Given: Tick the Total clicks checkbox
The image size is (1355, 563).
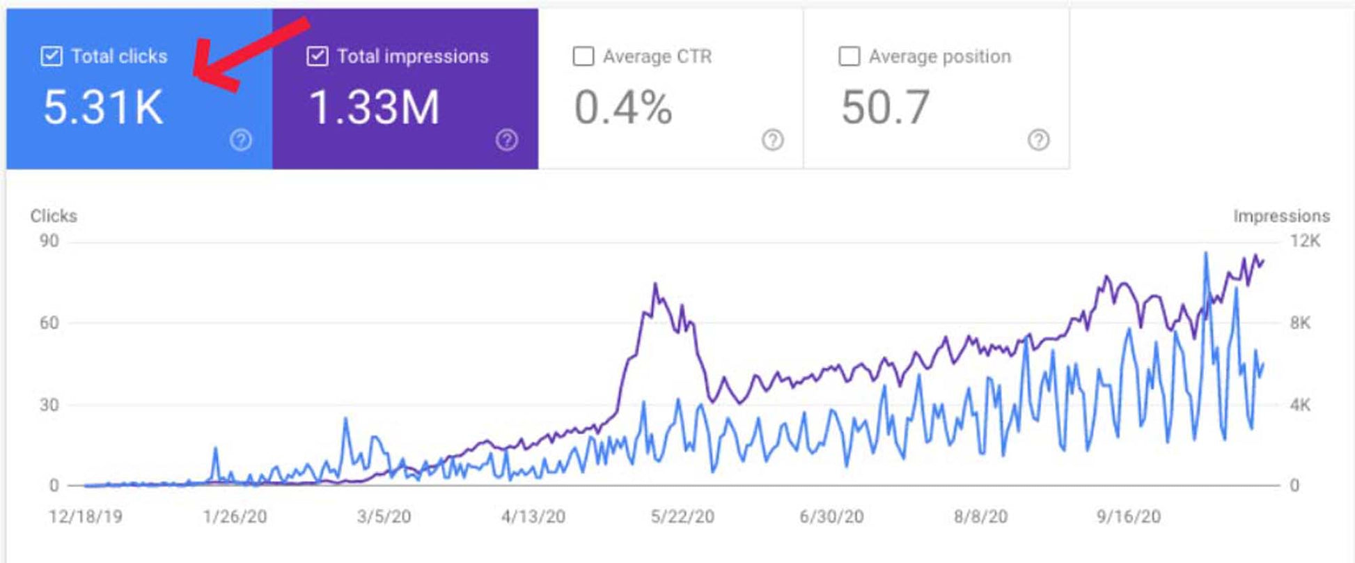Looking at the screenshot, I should (52, 56).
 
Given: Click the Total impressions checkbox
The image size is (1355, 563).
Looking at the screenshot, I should (318, 56).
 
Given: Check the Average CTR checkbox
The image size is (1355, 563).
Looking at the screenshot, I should (583, 56).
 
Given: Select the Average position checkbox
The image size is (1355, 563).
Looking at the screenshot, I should (849, 56).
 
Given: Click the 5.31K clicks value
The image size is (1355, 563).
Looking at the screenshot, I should (103, 108).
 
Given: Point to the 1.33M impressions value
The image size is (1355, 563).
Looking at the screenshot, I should (374, 108).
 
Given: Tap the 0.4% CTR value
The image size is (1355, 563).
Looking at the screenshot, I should (623, 108).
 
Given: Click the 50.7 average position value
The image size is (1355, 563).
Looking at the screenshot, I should (885, 108).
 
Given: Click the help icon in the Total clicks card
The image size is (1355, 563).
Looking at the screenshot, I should (241, 140).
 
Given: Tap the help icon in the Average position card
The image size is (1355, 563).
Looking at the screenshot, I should (1038, 140).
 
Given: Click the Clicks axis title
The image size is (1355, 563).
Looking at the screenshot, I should (54, 216).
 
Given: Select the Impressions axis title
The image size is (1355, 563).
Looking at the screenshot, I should (1281, 216).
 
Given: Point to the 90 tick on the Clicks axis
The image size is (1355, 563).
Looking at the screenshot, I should (49, 241).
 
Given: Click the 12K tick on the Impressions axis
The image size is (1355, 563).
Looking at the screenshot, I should (1305, 241).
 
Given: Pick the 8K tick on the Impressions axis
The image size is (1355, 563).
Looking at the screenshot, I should (1300, 323).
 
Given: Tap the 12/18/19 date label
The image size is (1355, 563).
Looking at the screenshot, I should (86, 516).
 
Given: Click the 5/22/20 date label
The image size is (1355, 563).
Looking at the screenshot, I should (682, 516).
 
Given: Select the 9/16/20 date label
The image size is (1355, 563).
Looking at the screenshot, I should (1129, 516).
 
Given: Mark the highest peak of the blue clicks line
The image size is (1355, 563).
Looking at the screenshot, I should (1206, 254).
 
